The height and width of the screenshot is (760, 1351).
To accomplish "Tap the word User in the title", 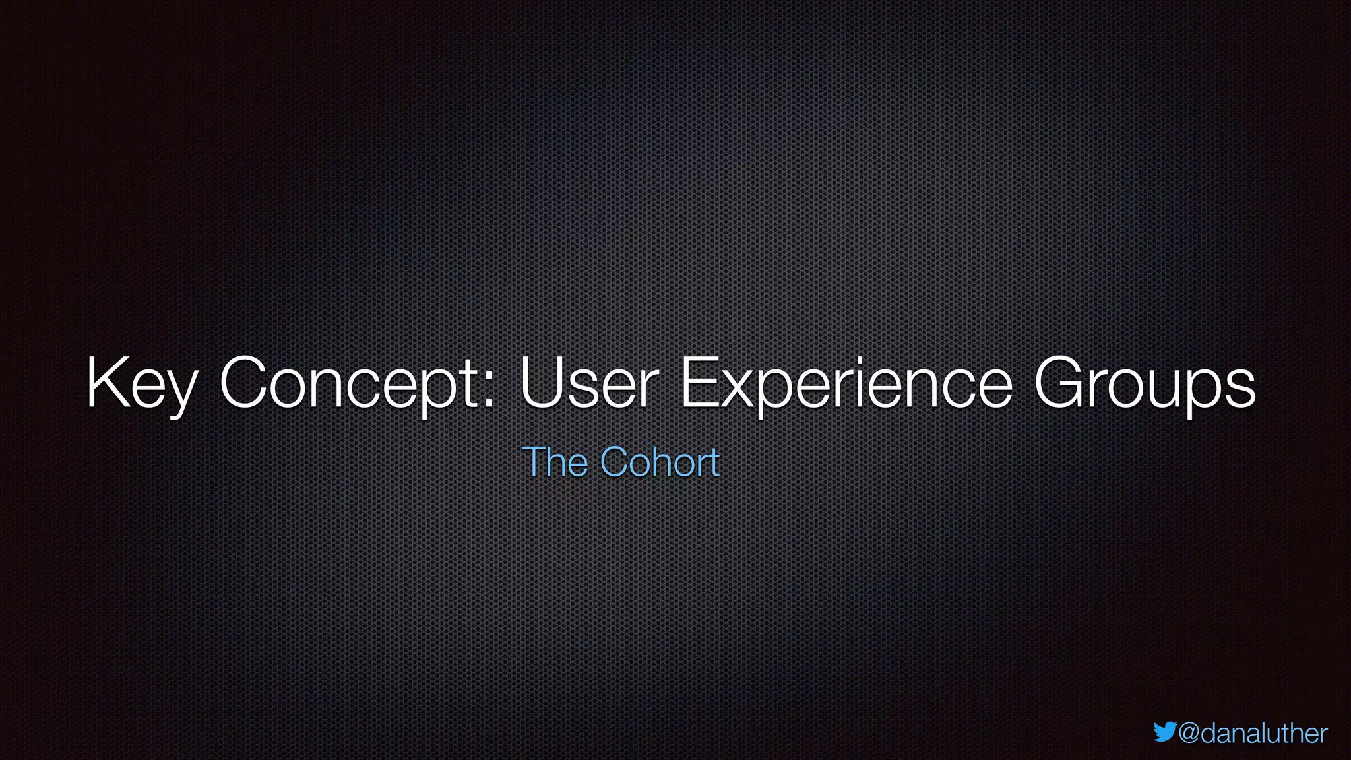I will pyautogui.click(x=589, y=384).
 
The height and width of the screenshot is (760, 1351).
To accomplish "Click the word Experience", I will pyautogui.click(x=846, y=384).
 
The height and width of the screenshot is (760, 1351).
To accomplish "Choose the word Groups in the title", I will pyautogui.click(x=1145, y=384).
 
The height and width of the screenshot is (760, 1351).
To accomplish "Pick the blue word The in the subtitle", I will pyautogui.click(x=555, y=462).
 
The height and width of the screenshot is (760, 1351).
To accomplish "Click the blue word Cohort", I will pyautogui.click(x=660, y=462).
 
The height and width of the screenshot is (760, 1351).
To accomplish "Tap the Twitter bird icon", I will pyautogui.click(x=1165, y=732).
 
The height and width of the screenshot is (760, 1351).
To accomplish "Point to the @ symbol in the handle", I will pyautogui.click(x=1189, y=734).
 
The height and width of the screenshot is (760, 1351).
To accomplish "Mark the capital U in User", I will pyautogui.click(x=542, y=383).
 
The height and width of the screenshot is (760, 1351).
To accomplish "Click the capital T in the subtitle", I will pyautogui.click(x=534, y=461).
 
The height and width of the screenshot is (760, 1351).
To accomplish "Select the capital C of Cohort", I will pyautogui.click(x=615, y=461).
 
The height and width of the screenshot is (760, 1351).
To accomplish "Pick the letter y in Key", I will pyautogui.click(x=180, y=393).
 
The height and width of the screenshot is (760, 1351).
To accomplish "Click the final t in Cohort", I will pyautogui.click(x=714, y=463).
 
